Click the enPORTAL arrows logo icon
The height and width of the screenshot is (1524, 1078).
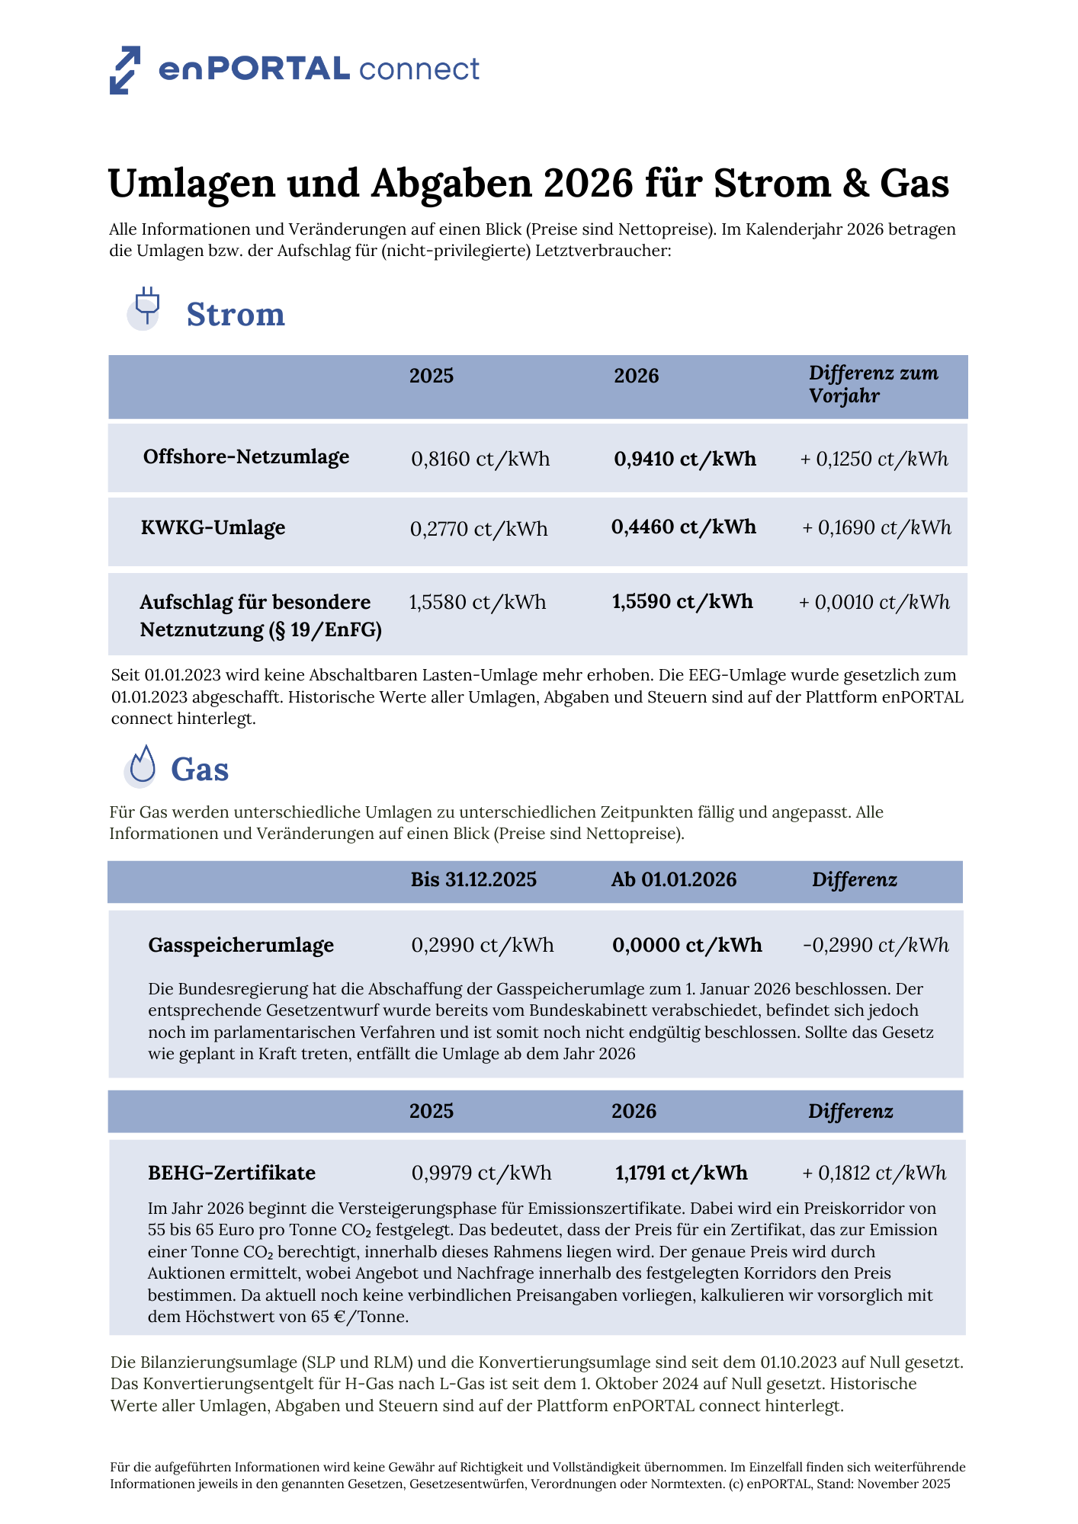(x=125, y=70)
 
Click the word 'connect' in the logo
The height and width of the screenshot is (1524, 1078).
(x=419, y=69)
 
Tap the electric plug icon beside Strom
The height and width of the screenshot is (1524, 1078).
(x=146, y=307)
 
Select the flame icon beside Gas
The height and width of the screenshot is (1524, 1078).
(x=142, y=765)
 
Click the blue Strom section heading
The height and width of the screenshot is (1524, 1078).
(x=236, y=314)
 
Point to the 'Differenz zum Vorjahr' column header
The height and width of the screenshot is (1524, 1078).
(x=873, y=384)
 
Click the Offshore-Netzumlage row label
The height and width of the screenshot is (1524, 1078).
(x=246, y=457)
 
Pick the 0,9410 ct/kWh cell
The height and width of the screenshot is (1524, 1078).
(x=685, y=459)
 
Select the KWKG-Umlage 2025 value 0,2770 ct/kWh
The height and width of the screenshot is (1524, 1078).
(x=479, y=529)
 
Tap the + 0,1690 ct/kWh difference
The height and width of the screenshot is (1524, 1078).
(x=877, y=527)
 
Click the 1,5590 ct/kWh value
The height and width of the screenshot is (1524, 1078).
(x=682, y=602)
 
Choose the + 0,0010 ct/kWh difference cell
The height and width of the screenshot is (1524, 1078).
(x=874, y=603)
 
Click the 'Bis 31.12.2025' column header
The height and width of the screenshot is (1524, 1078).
(x=473, y=880)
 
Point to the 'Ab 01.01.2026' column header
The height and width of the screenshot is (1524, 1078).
(x=674, y=880)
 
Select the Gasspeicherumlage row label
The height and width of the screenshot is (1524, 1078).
(x=241, y=946)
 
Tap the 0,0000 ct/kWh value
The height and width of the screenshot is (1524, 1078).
(x=687, y=946)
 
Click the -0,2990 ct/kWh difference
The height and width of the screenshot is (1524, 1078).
(x=876, y=946)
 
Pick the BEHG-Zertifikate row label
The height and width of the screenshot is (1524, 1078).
(x=232, y=1173)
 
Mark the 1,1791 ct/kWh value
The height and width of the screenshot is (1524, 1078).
(x=681, y=1173)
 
